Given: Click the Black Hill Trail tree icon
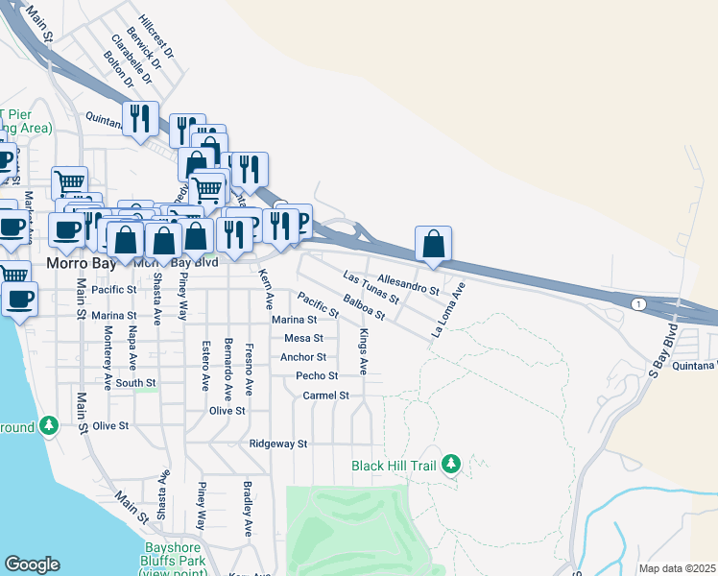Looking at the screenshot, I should (x=450, y=465).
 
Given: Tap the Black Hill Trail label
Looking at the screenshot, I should (x=394, y=466).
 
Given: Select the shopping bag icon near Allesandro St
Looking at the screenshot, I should (x=434, y=243).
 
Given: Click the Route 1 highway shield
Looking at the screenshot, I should (x=637, y=303).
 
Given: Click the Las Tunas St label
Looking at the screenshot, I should (x=370, y=288).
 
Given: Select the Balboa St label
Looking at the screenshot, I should (x=364, y=308).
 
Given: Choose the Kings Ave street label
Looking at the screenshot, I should (x=363, y=351).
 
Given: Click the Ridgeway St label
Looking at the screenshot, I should (x=277, y=444).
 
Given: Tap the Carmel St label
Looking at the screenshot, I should (x=325, y=396).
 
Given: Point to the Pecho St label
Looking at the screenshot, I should (x=317, y=376).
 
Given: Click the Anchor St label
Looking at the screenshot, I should (x=303, y=357).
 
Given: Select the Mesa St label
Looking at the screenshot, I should (x=303, y=338).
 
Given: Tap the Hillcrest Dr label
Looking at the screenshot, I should (x=156, y=36).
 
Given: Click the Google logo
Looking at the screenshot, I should (x=32, y=564).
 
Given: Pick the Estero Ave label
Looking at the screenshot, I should (x=204, y=365).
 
